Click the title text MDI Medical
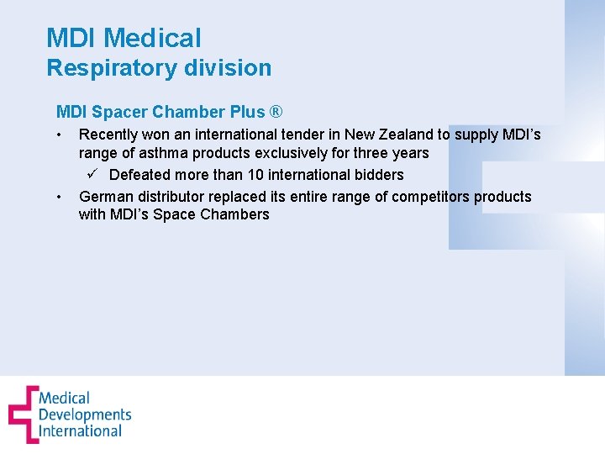pos(124,38)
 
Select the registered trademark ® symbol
pos(276,112)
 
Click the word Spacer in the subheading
pos(119,112)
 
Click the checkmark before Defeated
pos(94,174)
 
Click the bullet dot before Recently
pos(60,135)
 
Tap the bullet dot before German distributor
pos(60,198)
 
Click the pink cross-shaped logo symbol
pos(23,414)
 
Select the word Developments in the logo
pos(85,414)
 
